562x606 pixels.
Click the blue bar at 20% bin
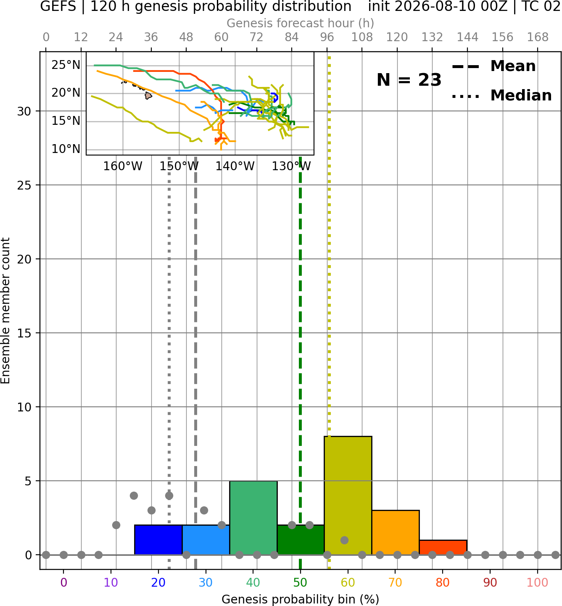click(x=158, y=540)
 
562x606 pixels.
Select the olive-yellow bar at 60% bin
click(x=348, y=495)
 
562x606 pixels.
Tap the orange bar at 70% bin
click(x=396, y=532)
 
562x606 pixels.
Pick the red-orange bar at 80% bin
click(x=443, y=548)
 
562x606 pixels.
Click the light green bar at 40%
click(x=253, y=518)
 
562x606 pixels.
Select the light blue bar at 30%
click(x=206, y=540)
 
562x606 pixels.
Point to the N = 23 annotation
click(x=409, y=80)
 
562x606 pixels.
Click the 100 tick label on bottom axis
click(x=538, y=582)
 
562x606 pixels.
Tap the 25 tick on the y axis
click(x=24, y=185)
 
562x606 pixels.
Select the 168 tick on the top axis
click(x=538, y=37)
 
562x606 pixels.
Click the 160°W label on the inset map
click(x=123, y=166)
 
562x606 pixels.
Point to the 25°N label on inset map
click(x=66, y=65)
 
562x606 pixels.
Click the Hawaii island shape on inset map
click(x=148, y=95)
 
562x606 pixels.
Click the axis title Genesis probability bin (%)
click(x=301, y=599)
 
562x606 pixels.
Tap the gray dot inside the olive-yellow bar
click(x=344, y=540)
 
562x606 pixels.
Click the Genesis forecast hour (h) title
click(x=301, y=23)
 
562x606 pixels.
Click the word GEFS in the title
click(x=58, y=6)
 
